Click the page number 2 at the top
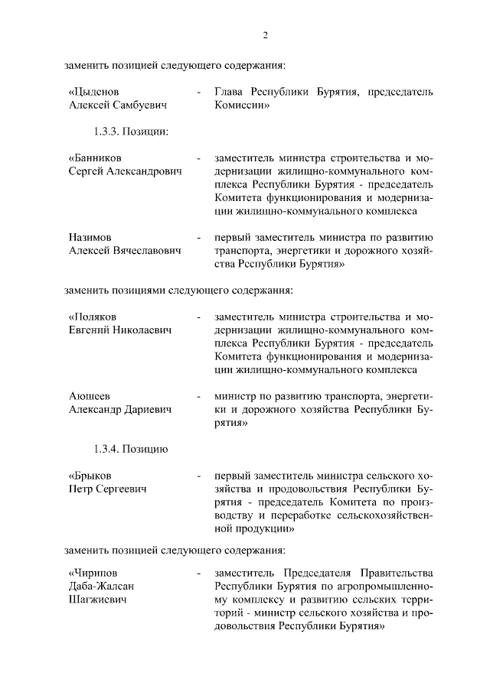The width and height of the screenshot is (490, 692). [x=265, y=35]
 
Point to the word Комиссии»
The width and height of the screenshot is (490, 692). [x=242, y=106]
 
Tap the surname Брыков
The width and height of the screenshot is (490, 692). [x=92, y=476]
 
